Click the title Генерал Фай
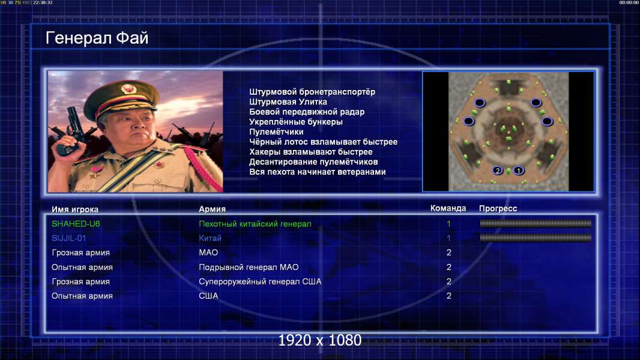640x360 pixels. pos(97,38)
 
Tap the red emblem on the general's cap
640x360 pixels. pos(128,88)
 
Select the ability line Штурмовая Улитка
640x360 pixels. pos(288,102)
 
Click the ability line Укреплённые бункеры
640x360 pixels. pos(296,122)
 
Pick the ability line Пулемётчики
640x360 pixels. pos(276,132)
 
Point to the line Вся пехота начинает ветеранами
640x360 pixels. pos(318,172)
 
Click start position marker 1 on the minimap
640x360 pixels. pos(518,170)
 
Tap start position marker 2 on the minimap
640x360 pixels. pos(498,170)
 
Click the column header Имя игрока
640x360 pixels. pos(74,209)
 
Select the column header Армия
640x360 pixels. pos(213,209)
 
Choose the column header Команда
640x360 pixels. pos(448,208)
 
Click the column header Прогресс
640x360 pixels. pos(498,209)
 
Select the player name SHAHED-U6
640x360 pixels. pos(76,224)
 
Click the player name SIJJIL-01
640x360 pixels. pos(68,238)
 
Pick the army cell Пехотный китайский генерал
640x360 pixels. pos(255,224)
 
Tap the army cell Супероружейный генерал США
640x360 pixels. pos(260,282)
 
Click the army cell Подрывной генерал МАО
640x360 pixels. pos(249,268)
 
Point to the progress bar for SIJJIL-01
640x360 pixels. pos(536,238)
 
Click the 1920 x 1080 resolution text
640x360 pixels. pos(320,340)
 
